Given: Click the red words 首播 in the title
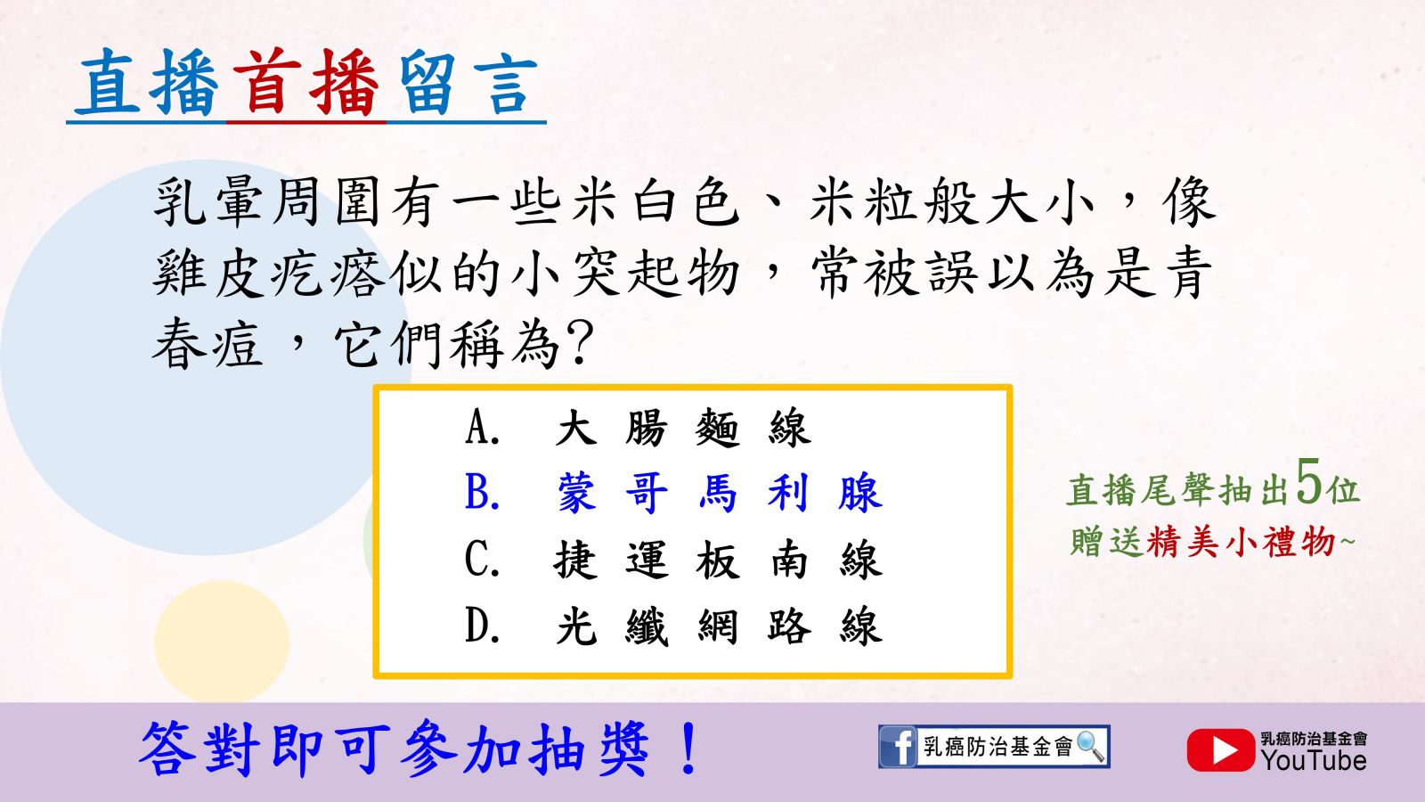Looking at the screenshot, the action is coord(305,84).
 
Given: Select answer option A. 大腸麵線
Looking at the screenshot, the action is coord(638,427).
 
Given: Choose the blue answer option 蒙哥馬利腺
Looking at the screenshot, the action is coord(673,494).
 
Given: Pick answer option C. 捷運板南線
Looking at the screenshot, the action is coord(673,561).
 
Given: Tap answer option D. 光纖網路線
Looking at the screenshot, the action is coord(673,627).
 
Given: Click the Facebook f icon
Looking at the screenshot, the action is coord(898,747).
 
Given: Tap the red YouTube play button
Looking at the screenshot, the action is coord(1220,749).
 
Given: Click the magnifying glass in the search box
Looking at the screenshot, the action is coord(1090,746).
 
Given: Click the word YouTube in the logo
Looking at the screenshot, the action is coord(1314,761).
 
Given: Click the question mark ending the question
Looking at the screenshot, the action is coord(580,344).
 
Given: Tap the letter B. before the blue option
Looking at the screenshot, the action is coord(482,493).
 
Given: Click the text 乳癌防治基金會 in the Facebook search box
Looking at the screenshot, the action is coord(997,747).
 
